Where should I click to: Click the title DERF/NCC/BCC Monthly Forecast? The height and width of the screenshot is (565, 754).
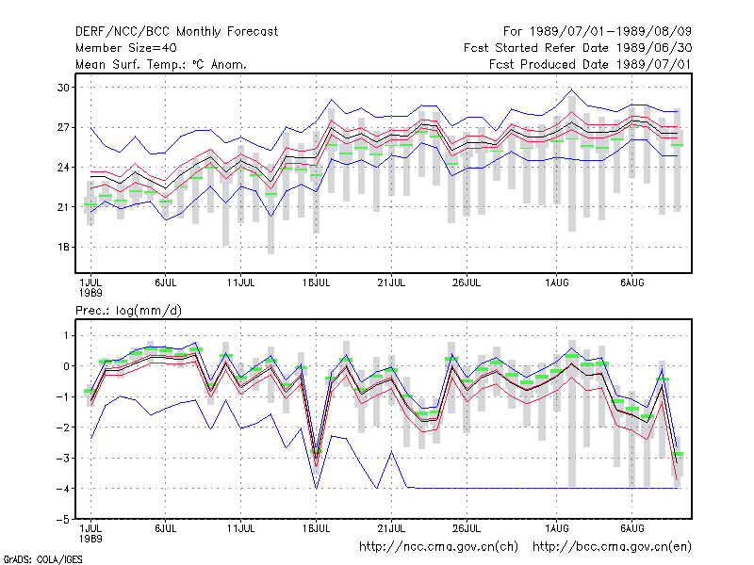(176, 32)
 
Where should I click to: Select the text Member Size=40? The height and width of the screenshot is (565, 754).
(126, 48)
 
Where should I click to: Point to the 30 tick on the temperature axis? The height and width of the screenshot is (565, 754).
(63, 88)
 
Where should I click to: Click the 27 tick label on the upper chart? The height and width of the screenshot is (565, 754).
(63, 127)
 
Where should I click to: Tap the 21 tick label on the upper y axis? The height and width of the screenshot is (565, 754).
(63, 207)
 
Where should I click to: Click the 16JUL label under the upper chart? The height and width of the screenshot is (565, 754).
(316, 283)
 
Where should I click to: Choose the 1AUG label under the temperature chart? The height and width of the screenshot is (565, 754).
(556, 283)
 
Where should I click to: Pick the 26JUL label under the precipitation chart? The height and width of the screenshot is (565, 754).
(467, 528)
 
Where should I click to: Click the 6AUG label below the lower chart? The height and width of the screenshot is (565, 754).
(631, 528)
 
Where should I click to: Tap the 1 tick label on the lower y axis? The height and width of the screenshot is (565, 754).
(66, 335)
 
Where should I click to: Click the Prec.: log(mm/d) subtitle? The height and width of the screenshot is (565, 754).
(128, 311)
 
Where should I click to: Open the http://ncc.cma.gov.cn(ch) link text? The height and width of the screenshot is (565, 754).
(438, 547)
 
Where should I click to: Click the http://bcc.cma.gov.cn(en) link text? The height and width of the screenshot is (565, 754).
(612, 547)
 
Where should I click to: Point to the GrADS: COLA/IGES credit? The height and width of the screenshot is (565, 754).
(42, 559)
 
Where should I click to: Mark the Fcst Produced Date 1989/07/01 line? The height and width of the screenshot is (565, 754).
(590, 64)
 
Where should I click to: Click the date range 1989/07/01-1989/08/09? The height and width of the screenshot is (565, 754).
(611, 32)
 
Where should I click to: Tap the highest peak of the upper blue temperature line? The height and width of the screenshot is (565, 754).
(572, 89)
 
